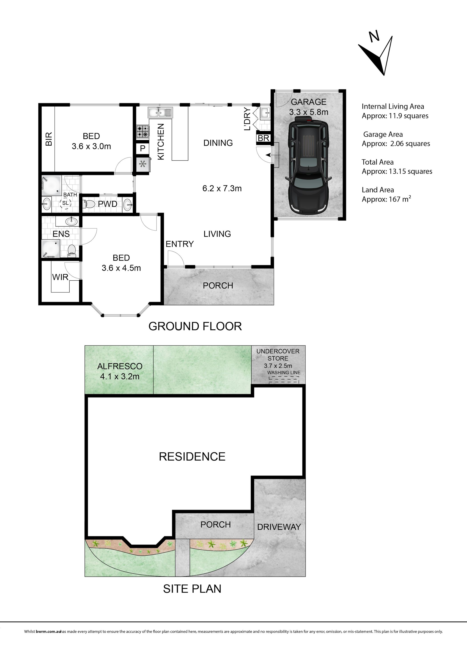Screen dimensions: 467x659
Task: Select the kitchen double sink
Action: click(x=160, y=112)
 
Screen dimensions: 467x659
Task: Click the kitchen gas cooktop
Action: click(x=143, y=132)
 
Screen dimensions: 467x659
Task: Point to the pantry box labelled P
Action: click(x=143, y=149)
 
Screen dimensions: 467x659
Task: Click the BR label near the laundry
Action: click(x=263, y=138)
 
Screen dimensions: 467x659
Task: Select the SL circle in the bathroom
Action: click(x=65, y=203)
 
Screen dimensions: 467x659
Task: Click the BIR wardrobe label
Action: click(x=49, y=139)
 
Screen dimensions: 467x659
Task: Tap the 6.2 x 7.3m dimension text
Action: click(x=222, y=188)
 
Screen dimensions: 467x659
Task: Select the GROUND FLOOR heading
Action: click(x=195, y=326)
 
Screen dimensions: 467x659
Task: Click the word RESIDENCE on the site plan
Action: click(x=192, y=457)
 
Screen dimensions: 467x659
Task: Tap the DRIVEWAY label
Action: click(x=279, y=527)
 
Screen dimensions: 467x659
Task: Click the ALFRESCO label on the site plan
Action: click(x=120, y=366)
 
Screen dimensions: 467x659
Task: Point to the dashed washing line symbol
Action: click(x=284, y=380)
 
